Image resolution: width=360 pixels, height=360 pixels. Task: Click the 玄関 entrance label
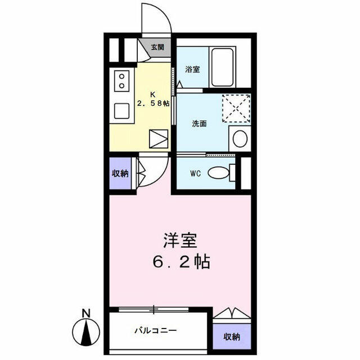157,47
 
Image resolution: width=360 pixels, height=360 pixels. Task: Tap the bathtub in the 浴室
222,67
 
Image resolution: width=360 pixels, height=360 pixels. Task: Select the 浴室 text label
192,69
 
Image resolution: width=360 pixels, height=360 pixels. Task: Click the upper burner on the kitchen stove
121,76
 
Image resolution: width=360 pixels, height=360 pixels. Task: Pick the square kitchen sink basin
121,111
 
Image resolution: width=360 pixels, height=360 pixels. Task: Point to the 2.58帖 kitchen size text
153,103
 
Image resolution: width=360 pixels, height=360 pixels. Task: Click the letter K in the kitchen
152,94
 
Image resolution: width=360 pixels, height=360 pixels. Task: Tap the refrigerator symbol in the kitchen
159,139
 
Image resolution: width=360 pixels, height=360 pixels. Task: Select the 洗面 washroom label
199,124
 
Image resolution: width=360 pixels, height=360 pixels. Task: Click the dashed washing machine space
236,108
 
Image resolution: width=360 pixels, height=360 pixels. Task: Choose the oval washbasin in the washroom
240,139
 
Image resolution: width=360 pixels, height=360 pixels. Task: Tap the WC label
195,174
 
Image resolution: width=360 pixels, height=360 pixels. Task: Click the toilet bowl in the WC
219,173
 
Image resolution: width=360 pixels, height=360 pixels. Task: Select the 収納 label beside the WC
120,174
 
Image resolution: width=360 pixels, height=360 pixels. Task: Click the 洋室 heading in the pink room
181,240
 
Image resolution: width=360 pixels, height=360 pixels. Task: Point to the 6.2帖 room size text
181,262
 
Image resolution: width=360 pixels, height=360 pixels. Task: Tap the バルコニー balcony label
156,331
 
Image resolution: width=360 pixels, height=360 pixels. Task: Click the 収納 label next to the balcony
232,337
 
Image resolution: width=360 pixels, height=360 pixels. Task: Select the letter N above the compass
86,313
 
